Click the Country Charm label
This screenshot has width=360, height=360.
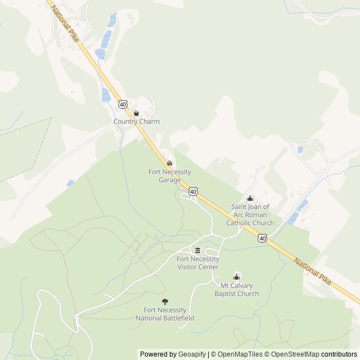click(x=137, y=121)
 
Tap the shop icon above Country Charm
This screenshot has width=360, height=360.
click(x=136, y=114)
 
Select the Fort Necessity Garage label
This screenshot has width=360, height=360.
click(x=170, y=176)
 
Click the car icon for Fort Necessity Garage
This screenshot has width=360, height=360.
click(x=170, y=163)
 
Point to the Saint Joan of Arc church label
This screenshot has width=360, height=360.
click(x=250, y=215)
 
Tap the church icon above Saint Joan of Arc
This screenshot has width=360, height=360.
click(x=250, y=199)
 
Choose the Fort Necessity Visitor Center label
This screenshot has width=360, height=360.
click(x=197, y=263)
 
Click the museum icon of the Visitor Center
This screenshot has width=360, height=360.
click(x=197, y=250)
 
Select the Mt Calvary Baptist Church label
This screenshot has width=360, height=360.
click(x=237, y=290)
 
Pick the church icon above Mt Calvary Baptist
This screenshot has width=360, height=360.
click(x=237, y=277)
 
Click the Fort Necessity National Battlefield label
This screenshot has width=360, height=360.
click(x=165, y=314)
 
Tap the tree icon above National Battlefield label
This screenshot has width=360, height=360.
click(x=165, y=302)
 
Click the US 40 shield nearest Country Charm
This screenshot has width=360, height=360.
click(x=123, y=105)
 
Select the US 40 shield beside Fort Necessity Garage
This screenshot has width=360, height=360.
click(x=193, y=192)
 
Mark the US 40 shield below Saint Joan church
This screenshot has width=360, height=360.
click(x=263, y=239)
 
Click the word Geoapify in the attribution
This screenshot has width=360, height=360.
click(x=192, y=354)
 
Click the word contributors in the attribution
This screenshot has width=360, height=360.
click(x=339, y=354)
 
